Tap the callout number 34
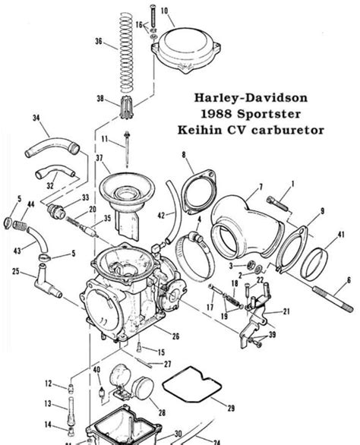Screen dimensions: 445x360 point(36,118)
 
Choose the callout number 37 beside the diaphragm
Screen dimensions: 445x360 point(97,158)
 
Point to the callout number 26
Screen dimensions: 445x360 point(175,336)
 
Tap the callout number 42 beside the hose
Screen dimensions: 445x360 point(161,216)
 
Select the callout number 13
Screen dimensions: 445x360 point(48,403)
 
